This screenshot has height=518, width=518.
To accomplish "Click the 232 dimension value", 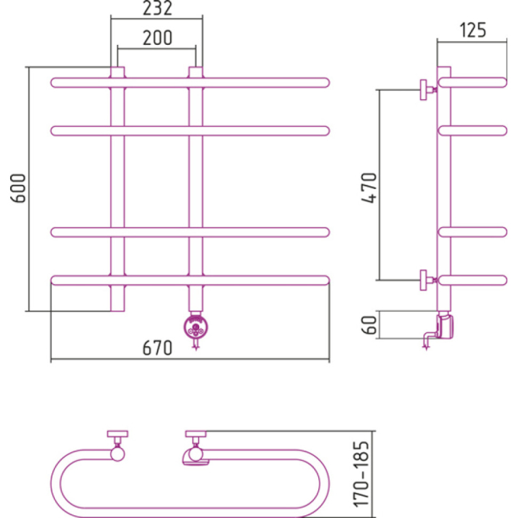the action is point(157,9).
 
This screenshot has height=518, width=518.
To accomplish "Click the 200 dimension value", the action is point(157,37).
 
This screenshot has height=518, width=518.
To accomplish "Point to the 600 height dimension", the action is point(18,188).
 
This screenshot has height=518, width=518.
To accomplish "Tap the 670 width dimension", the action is point(157,348).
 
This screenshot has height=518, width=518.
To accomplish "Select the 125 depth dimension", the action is point(472,30).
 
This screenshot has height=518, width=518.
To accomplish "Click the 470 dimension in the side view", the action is point(369,188).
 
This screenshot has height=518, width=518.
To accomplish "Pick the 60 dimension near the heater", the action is point(369,325).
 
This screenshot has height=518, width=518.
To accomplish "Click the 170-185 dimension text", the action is point(361,474).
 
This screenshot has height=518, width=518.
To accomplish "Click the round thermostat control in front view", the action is point(196,327).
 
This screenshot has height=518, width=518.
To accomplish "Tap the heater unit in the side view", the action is point(445,326).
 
